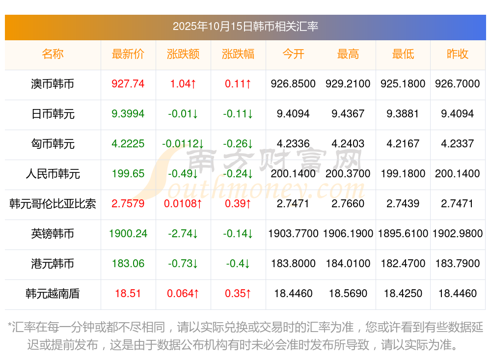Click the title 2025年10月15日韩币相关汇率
[245, 27]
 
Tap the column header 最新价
[128, 55]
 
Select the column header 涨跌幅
[238, 55]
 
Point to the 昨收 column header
[458, 55]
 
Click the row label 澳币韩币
[53, 84]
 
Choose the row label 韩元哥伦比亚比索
[53, 204]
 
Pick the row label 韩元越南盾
[53, 294]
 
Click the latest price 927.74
[128, 84]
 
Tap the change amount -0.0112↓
[183, 144]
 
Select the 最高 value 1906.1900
[348, 234]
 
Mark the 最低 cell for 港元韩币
[403, 264]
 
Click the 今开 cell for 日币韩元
[293, 114]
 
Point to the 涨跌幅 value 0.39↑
[238, 204]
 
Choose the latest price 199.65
[128, 174]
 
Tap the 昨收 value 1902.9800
[458, 234]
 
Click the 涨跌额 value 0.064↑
[183, 294]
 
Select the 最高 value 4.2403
[348, 144]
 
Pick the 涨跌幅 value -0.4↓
[238, 264]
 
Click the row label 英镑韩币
[53, 234]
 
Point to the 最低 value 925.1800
[403, 84]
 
